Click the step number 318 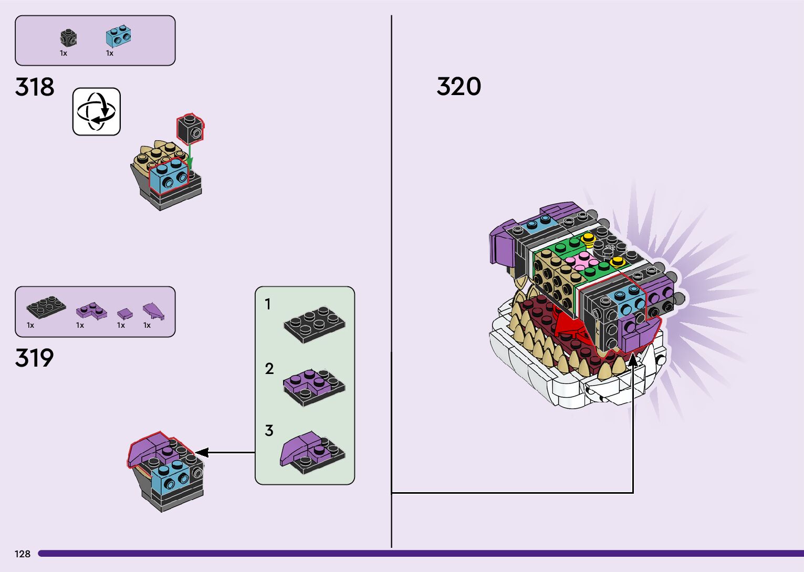[x=35, y=87]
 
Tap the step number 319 [x=35, y=358]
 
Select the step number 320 [x=458, y=87]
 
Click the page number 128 [x=23, y=554]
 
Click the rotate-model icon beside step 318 [x=97, y=111]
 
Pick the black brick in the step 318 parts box [x=68, y=38]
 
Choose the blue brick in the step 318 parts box [x=119, y=36]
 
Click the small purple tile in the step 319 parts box [x=125, y=314]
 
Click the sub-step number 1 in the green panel [x=268, y=304]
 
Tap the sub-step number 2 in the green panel [x=269, y=369]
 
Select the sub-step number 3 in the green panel [x=269, y=431]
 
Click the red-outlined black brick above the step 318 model [x=190, y=129]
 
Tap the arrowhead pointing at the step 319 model [x=202, y=452]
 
